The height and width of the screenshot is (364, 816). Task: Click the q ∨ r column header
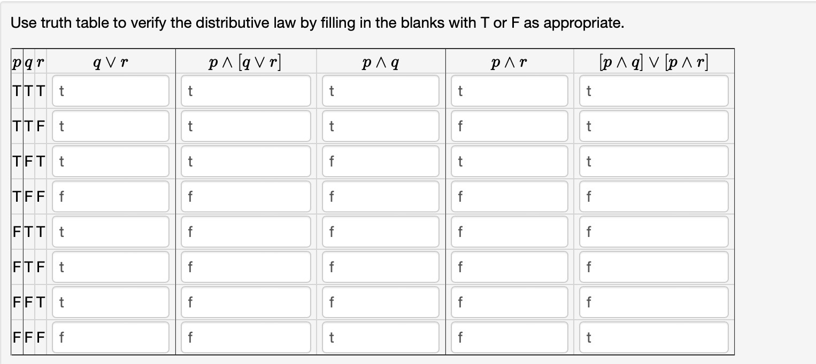tap(110, 62)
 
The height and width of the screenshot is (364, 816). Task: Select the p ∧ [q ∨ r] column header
tap(245, 62)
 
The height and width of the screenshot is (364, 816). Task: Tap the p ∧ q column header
tap(381, 62)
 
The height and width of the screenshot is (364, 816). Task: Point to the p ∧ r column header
tap(509, 62)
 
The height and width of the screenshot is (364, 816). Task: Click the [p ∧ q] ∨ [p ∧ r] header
tap(654, 62)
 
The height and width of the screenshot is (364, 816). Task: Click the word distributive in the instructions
tap(245, 23)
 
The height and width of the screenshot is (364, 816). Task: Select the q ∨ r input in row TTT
tap(111, 91)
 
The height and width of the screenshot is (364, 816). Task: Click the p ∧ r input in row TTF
tap(509, 126)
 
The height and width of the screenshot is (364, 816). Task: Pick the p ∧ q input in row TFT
tap(381, 161)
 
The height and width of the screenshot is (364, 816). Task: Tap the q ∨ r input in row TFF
tap(111, 196)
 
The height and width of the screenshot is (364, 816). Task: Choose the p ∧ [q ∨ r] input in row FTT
tap(246, 232)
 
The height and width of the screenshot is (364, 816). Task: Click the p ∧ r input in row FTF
tap(509, 267)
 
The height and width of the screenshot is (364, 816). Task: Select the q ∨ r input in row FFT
tap(111, 302)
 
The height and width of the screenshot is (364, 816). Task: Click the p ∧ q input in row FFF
tap(381, 337)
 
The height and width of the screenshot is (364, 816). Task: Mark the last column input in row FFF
tap(654, 337)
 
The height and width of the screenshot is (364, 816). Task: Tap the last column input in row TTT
tap(654, 91)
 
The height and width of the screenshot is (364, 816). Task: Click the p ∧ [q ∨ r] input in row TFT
tap(246, 161)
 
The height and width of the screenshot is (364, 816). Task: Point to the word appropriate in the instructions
tap(583, 23)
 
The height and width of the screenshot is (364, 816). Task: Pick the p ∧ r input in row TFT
tap(509, 161)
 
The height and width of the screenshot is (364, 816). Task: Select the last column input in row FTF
tap(654, 267)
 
